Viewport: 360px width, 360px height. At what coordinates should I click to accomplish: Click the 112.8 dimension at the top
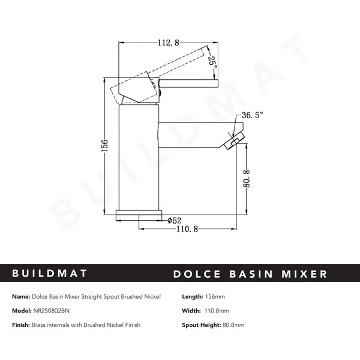[168, 43]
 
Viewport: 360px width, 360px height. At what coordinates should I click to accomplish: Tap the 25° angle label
[212, 64]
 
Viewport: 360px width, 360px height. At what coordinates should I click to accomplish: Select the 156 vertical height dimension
[104, 146]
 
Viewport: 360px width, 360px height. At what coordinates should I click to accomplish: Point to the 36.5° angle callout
[252, 115]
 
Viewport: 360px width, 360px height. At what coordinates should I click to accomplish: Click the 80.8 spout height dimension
[247, 179]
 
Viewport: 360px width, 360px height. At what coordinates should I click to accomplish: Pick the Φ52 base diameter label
[174, 221]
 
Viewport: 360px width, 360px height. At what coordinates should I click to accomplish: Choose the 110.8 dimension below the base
[187, 229]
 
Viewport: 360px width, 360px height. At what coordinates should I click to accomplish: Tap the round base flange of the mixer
[139, 212]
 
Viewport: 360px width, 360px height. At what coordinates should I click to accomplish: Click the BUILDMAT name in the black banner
[49, 274]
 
